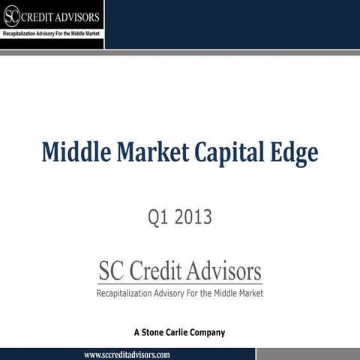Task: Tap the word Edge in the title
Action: (x=295, y=154)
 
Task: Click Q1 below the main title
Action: (x=159, y=218)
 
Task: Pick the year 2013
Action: (x=194, y=218)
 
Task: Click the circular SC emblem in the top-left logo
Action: (x=11, y=16)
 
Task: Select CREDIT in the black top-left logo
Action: (x=39, y=17)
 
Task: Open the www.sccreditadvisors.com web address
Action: (x=127, y=354)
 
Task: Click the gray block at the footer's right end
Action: (x=308, y=354)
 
